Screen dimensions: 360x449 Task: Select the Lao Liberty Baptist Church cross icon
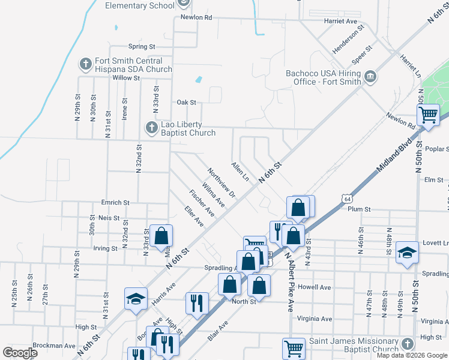[x=151, y=127]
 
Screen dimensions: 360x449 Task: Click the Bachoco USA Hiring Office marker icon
[x=370, y=76]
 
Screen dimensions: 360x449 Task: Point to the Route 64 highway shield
[x=347, y=197]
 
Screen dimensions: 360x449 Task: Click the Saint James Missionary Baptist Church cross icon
[x=408, y=344]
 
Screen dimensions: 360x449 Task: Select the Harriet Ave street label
[x=340, y=21]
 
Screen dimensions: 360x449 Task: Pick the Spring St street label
[x=142, y=46]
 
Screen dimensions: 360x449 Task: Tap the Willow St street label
[x=125, y=78]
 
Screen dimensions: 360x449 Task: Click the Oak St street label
[x=186, y=103]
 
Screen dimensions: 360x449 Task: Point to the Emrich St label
[x=115, y=203]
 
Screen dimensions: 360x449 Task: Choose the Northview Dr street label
[x=221, y=182]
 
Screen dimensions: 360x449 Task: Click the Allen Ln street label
[x=240, y=170]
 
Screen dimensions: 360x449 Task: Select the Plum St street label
[x=360, y=209]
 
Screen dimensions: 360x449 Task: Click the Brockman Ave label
[x=55, y=346]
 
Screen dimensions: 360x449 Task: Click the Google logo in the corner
[x=20, y=353]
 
